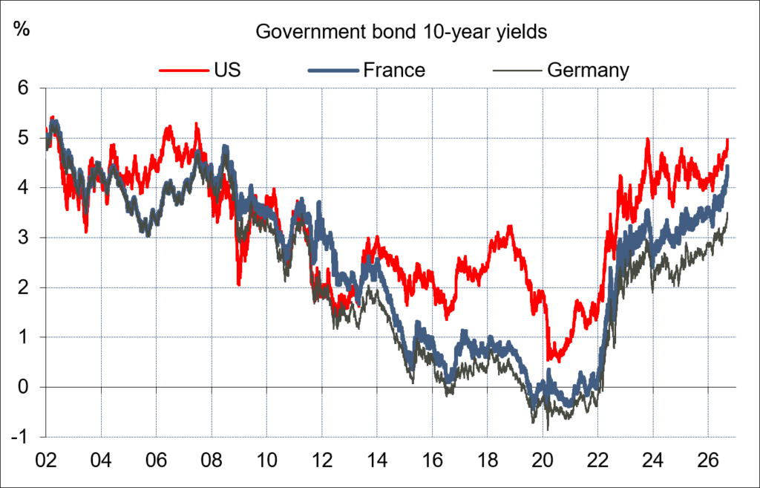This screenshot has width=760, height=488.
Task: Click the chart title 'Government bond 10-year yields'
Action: (x=401, y=32)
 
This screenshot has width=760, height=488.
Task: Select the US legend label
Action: (x=227, y=70)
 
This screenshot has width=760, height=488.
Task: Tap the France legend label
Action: (x=394, y=70)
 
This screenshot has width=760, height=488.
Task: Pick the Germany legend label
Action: (x=588, y=71)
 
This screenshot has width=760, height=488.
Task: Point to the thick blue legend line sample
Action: (x=333, y=71)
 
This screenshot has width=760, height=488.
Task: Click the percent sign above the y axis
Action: (x=22, y=29)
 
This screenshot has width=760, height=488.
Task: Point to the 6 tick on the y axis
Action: (x=24, y=88)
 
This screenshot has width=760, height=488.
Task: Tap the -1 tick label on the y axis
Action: (x=20, y=437)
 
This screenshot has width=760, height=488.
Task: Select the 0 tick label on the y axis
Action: (x=24, y=387)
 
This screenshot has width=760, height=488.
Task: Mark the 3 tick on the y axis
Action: (x=24, y=238)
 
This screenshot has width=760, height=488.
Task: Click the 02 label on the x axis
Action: (x=46, y=460)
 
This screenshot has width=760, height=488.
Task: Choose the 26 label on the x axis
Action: (x=708, y=460)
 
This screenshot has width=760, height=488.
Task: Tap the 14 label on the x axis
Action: (x=377, y=460)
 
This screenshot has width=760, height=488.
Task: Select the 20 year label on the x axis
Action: (x=543, y=460)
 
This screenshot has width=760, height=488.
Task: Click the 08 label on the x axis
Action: (x=212, y=460)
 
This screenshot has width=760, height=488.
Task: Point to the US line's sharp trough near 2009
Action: (x=238, y=284)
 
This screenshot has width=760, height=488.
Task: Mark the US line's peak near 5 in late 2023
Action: (x=647, y=139)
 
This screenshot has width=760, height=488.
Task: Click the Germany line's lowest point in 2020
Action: (x=548, y=429)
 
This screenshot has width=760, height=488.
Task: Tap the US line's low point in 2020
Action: (x=558, y=362)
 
